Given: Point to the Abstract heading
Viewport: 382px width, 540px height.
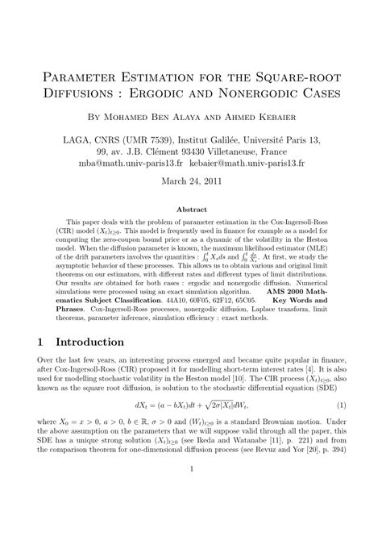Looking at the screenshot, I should tap(191, 207).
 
